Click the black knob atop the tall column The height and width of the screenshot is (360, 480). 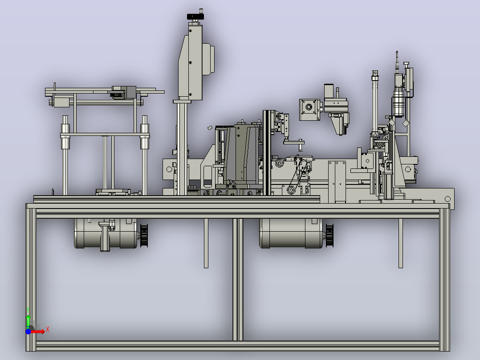pyautogui.click(x=195, y=16)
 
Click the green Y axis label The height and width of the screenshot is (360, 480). pyautogui.click(x=28, y=310)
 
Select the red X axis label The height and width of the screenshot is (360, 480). pyautogui.click(x=48, y=330)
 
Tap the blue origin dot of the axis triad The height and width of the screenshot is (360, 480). pyautogui.click(x=28, y=331)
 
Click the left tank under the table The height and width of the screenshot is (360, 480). pyautogui.click(x=106, y=233)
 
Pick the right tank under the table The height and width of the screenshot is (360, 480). pyautogui.click(x=291, y=233)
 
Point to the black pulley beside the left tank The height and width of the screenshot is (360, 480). pyautogui.click(x=144, y=235)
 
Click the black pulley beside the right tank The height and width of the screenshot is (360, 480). pyautogui.click(x=329, y=235)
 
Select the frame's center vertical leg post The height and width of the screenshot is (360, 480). pyautogui.click(x=238, y=279)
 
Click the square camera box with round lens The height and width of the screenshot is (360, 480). pyautogui.click(x=309, y=110)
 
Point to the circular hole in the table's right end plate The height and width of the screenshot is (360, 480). pyautogui.click(x=447, y=199)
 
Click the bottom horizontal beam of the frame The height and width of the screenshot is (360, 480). pyautogui.click(x=238, y=346)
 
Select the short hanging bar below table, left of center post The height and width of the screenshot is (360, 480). pyautogui.click(x=206, y=243)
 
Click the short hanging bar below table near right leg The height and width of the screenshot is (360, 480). pyautogui.click(x=400, y=243)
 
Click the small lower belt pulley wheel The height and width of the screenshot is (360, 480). pyautogui.click(x=290, y=190)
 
